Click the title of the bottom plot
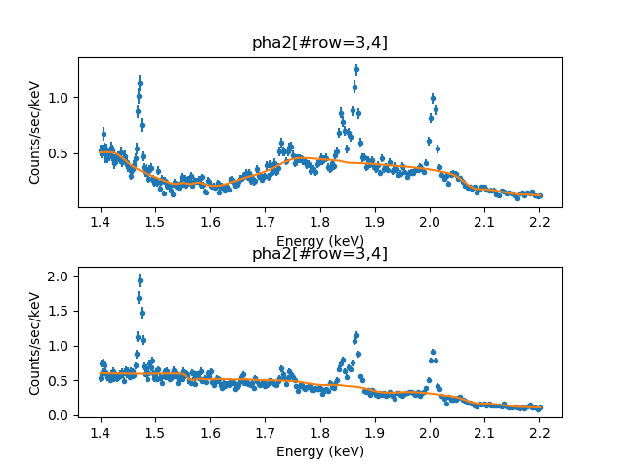point(319,254)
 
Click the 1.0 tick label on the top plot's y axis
point(60,98)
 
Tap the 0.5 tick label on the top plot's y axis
point(60,153)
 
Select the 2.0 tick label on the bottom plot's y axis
point(60,277)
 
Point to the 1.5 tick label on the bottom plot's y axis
point(60,312)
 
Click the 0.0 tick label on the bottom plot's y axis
point(60,415)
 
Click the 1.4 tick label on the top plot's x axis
point(101,223)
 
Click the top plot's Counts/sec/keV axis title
point(35,132)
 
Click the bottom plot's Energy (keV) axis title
point(319,450)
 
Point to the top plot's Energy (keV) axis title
point(319,241)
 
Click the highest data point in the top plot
point(356,69)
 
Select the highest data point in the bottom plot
point(140,280)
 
